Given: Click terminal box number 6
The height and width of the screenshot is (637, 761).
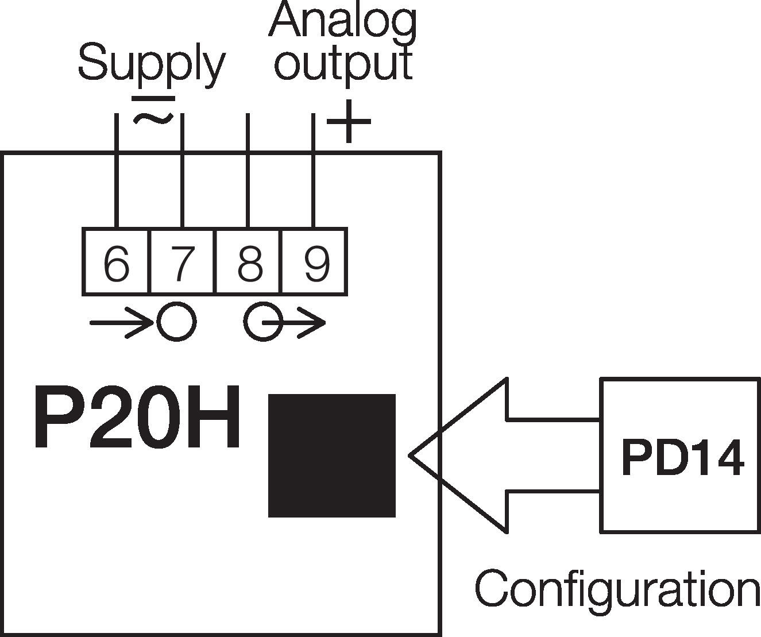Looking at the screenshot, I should click(116, 262).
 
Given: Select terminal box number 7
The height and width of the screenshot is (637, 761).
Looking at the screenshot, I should click(183, 262).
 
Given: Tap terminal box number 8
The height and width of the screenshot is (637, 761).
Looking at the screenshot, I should click(249, 262).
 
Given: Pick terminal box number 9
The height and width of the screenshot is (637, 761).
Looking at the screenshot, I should click(315, 262).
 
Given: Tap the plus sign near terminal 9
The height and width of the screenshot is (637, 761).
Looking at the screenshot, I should click(348, 121).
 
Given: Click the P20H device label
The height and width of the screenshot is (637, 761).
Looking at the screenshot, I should click(137, 418).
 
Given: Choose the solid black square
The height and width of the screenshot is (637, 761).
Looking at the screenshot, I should click(332, 455).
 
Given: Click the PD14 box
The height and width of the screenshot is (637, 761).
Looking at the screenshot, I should click(680, 455).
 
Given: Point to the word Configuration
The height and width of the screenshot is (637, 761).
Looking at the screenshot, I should click(617, 589).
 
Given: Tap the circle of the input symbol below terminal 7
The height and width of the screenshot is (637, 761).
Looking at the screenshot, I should click(177, 322).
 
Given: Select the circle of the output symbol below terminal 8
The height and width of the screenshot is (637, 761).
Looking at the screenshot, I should click(264, 322).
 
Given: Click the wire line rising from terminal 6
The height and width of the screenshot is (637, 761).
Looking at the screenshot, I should click(116, 172).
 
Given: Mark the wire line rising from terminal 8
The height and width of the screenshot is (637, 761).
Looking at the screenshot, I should click(248, 172).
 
